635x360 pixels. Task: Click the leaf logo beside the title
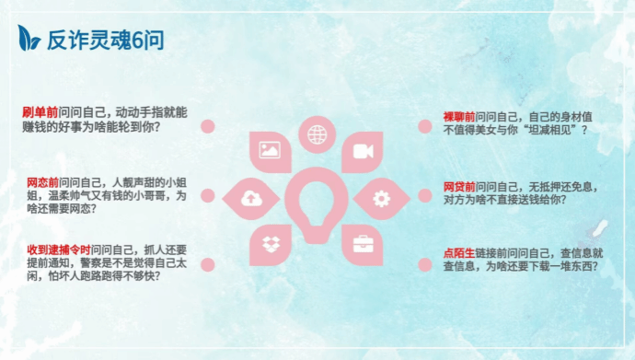pos(29,38)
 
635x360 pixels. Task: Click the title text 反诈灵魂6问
pos(105,41)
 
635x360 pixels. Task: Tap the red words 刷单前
pos(40,112)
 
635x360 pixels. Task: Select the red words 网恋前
pos(42,182)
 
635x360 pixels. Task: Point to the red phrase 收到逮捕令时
pos(59,250)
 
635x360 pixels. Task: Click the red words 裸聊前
pos(459,117)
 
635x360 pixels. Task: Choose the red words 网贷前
pos(459,187)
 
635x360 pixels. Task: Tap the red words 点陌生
pos(459,253)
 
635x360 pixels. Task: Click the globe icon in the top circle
pos(317,134)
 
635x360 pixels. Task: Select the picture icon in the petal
pos(270,150)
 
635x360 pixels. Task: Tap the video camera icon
pos(364,151)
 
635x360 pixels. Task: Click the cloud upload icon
pos(251,198)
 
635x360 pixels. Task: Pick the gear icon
pos(382,199)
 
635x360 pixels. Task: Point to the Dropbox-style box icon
pos(271,244)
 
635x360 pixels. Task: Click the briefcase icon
pos(364,244)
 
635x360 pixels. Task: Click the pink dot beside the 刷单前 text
pos(208,126)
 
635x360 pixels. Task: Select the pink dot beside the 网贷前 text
pos(425,195)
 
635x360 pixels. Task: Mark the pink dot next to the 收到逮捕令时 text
pos(208,265)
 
